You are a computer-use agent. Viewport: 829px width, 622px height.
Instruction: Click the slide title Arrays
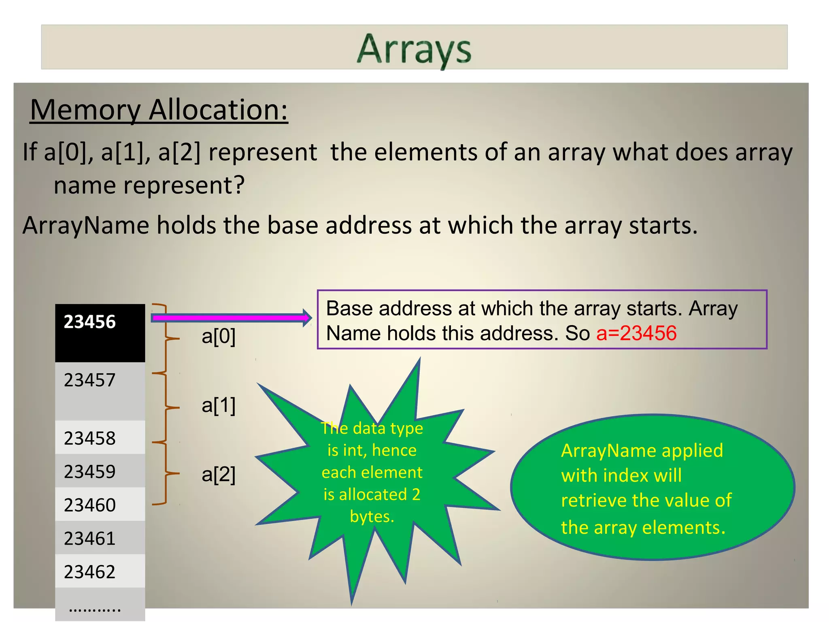coord(414,49)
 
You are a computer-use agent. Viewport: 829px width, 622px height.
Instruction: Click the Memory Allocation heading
coord(159,110)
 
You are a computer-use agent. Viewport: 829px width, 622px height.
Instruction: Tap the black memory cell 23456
coord(100,332)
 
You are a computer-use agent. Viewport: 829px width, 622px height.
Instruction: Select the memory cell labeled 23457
coord(100,391)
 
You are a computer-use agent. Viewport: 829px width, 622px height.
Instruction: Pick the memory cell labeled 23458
coord(100,437)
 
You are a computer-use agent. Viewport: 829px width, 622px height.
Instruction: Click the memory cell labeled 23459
coord(100,471)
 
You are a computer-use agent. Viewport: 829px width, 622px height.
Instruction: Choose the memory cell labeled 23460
coord(100,505)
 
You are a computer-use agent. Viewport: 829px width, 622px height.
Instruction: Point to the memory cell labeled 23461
coord(100,538)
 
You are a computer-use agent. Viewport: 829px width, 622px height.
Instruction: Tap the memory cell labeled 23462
coord(100,571)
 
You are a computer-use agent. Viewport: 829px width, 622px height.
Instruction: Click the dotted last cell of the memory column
coord(100,605)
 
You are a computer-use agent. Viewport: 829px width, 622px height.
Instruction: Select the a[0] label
coord(219,337)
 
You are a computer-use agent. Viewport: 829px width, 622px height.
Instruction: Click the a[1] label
coord(219,405)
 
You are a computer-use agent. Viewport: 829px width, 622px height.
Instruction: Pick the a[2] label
coord(219,475)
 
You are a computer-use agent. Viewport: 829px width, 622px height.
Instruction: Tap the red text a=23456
coord(636,334)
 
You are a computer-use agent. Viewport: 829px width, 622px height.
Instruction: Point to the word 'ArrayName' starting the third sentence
coord(85,226)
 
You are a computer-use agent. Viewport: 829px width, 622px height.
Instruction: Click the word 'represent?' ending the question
coord(184,186)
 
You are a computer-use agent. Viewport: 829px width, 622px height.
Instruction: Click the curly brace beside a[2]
coord(166,473)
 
